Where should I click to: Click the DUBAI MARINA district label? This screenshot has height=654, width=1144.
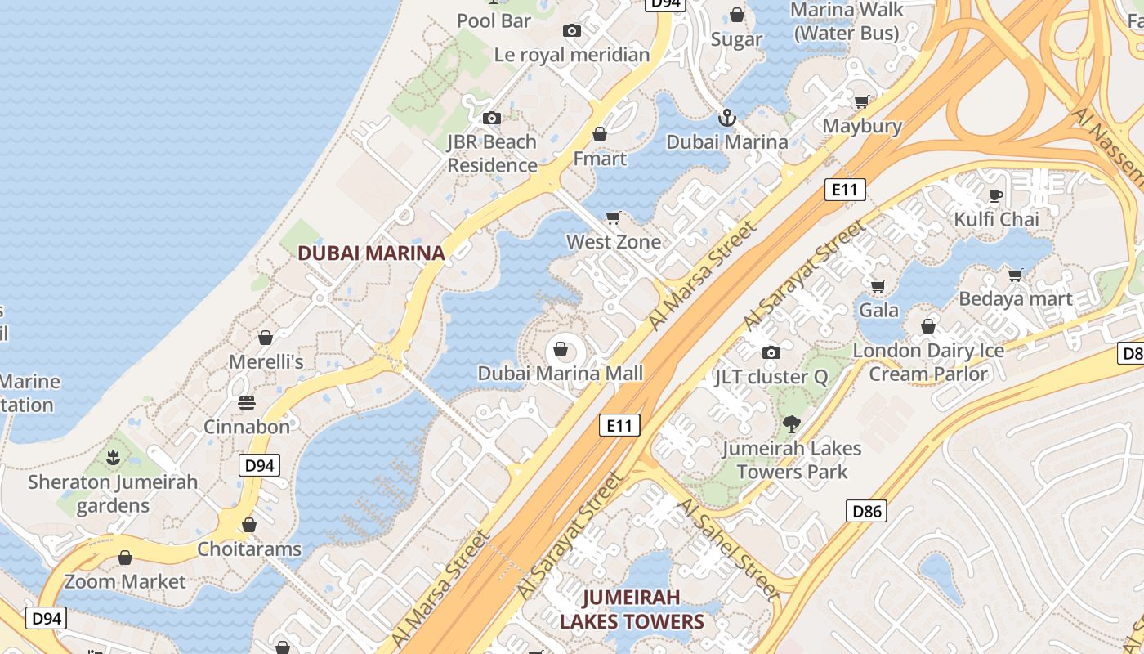click(x=371, y=253)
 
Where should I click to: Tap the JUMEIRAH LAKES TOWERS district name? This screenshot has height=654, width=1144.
click(x=632, y=609)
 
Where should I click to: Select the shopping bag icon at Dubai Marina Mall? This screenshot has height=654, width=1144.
click(x=561, y=350)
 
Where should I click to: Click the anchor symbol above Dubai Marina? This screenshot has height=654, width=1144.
click(x=726, y=119)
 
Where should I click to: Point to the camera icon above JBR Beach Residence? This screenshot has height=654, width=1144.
click(x=491, y=119)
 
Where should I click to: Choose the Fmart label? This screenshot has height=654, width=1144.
click(x=600, y=159)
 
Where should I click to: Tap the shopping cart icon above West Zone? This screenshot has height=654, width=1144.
click(x=614, y=217)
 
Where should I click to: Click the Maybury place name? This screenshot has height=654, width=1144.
click(x=862, y=126)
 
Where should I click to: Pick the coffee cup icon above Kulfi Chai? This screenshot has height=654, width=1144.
click(x=995, y=195)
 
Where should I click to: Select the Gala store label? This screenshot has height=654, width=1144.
click(x=878, y=310)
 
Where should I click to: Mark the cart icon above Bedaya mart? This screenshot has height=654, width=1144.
click(x=1015, y=275)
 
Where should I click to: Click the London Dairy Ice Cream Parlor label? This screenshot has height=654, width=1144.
click(x=928, y=362)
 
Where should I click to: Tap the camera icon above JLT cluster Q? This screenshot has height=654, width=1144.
click(x=771, y=353)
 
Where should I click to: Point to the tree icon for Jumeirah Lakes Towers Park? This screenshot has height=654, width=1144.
click(x=790, y=424)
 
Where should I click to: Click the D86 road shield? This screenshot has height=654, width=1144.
click(x=866, y=512)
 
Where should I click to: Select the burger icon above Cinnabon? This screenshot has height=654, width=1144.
click(x=246, y=403)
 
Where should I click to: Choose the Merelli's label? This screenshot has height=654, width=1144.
click(x=266, y=361)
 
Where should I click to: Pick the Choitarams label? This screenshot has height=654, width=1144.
click(x=249, y=549)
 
